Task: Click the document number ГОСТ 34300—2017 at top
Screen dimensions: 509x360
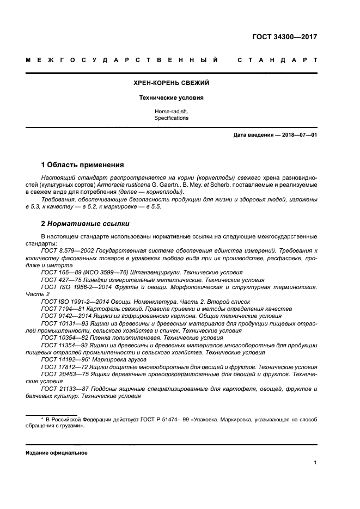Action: pyautogui.click(x=285, y=38)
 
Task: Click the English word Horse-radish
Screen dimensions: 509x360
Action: pyautogui.click(x=172, y=112)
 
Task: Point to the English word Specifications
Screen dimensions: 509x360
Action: pyautogui.click(x=172, y=118)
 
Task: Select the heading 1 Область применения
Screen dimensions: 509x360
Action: pyautogui.click(x=83, y=164)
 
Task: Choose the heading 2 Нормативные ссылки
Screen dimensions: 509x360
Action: pyautogui.click(x=86, y=223)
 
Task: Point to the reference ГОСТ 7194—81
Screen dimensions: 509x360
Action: pyautogui.click(x=60, y=308)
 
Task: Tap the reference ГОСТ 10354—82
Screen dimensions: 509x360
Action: pyautogui.click(x=63, y=338)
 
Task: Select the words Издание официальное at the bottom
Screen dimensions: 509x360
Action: pyautogui.click(x=57, y=452)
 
